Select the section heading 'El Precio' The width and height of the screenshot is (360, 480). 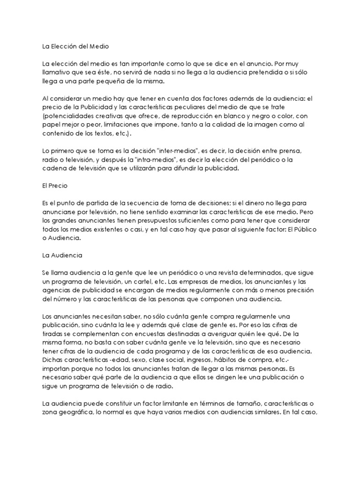tap(55, 186)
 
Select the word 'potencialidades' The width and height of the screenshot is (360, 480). tap(72, 116)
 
